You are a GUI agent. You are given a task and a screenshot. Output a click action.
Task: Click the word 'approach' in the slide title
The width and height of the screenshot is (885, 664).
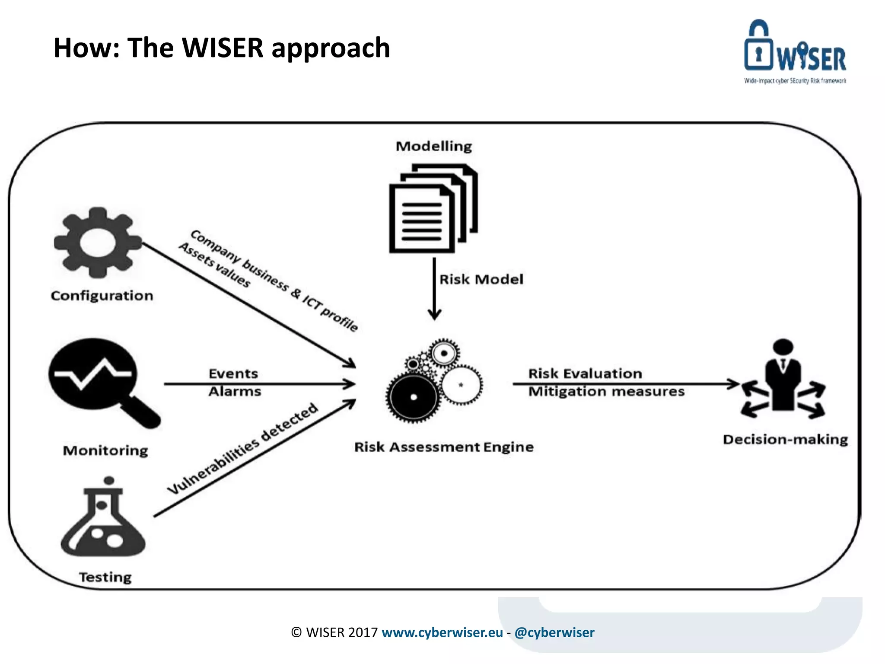point(331,48)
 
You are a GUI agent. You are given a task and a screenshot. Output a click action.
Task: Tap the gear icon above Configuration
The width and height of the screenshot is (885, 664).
point(98,243)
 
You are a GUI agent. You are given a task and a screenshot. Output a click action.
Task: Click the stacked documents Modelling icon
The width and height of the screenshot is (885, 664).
point(433,208)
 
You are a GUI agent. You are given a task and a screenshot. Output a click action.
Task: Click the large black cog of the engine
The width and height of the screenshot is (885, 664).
point(413,397)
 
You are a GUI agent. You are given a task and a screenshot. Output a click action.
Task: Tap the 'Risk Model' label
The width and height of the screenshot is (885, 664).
point(481,279)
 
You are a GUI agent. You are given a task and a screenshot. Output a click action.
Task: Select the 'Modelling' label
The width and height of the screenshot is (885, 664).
point(434,146)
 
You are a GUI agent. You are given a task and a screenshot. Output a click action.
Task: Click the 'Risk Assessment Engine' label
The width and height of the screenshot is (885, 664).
point(444,447)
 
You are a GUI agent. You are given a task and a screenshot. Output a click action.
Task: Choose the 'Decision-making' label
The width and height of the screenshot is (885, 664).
point(785,439)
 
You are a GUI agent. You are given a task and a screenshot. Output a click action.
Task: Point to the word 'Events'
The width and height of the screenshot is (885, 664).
point(233,373)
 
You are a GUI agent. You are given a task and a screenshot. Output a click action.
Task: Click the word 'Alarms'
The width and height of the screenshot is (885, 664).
point(235,392)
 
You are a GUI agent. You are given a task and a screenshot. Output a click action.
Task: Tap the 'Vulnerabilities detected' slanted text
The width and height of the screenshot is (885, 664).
point(243,448)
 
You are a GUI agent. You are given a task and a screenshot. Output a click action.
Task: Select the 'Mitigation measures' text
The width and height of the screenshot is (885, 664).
point(606,392)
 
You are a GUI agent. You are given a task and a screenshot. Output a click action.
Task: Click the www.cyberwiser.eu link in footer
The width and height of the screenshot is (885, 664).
point(442,632)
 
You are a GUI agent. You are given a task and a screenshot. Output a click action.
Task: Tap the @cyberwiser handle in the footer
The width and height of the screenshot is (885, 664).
point(554,632)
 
